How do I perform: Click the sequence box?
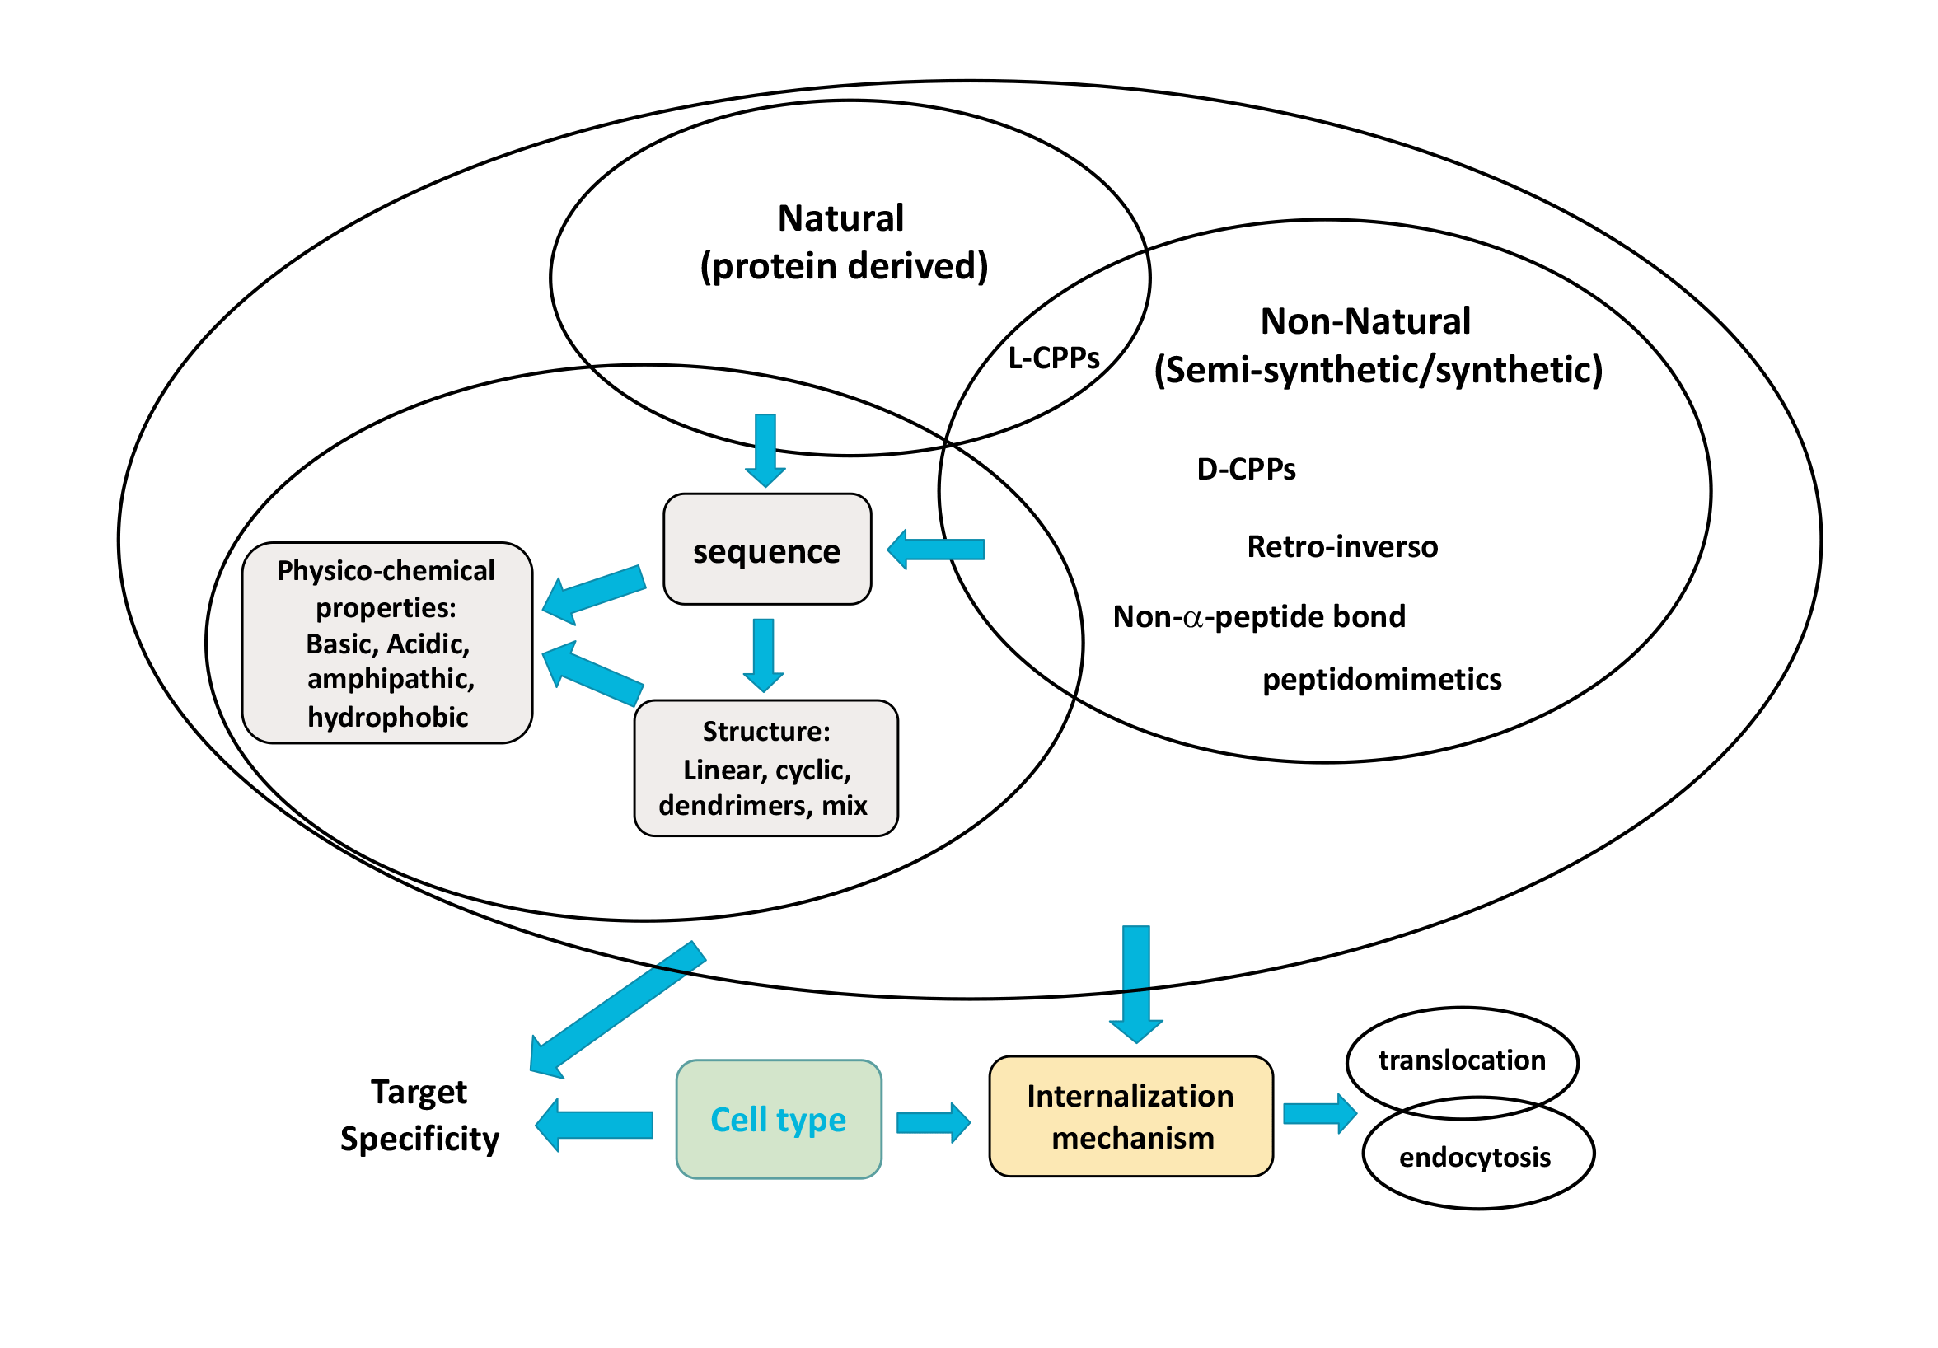pyautogui.click(x=766, y=550)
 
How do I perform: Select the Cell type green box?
pyautogui.click(x=778, y=1119)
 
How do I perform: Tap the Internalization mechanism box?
pyautogui.click(x=1130, y=1116)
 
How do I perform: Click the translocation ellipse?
pyautogui.click(x=1461, y=1060)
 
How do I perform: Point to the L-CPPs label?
pyautogui.click(x=1053, y=358)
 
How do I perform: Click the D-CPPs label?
pyautogui.click(x=1246, y=470)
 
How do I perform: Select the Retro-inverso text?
pyautogui.click(x=1342, y=547)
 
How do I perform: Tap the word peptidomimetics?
pyautogui.click(x=1382, y=680)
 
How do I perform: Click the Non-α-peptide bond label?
pyautogui.click(x=1259, y=617)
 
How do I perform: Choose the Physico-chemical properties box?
pyautogui.click(x=386, y=643)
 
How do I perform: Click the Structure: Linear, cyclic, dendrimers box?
pyautogui.click(x=765, y=768)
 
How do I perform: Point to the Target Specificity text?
pyautogui.click(x=419, y=1115)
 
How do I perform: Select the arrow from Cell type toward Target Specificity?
pyautogui.click(x=595, y=1125)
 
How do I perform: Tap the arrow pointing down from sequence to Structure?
pyautogui.click(x=763, y=655)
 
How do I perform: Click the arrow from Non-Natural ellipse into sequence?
pyautogui.click(x=936, y=550)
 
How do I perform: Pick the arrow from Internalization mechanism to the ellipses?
pyautogui.click(x=1319, y=1113)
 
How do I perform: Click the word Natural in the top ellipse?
pyautogui.click(x=840, y=218)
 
